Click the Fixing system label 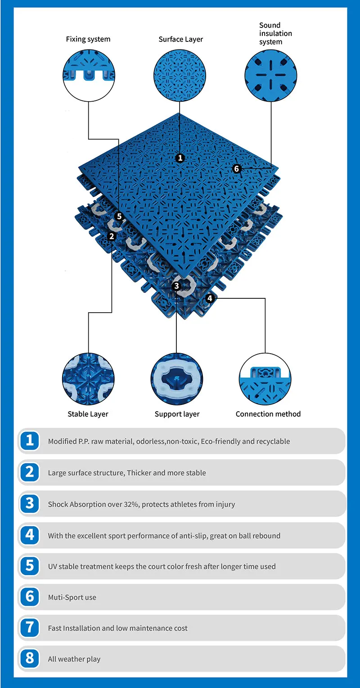pyautogui.click(x=88, y=39)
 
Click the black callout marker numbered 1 pyautogui.click(x=180, y=158)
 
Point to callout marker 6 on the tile pyautogui.click(x=237, y=169)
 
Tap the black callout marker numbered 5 pyautogui.click(x=119, y=216)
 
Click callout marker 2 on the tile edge pyautogui.click(x=112, y=236)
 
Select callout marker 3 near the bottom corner pyautogui.click(x=176, y=286)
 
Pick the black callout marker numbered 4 pyautogui.click(x=210, y=298)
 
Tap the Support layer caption pyautogui.click(x=177, y=414)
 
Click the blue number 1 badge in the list pyautogui.click(x=30, y=441)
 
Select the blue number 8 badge pyautogui.click(x=30, y=658)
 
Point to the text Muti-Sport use pyautogui.click(x=72, y=598)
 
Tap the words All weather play pyautogui.click(x=74, y=659)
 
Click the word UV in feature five pyautogui.click(x=53, y=567)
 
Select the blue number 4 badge pyautogui.click(x=30, y=535)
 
